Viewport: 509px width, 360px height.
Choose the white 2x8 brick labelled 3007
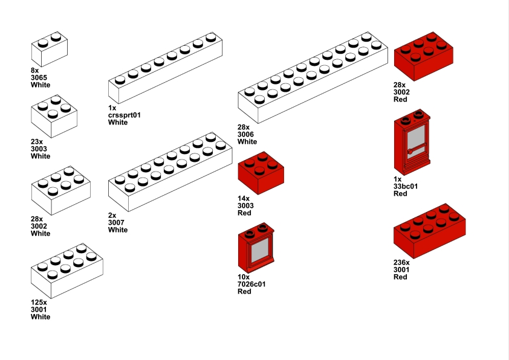(170, 172)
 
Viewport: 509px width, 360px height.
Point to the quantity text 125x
(39, 302)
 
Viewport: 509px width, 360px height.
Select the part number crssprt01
(124, 115)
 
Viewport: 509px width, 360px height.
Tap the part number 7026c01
(251, 284)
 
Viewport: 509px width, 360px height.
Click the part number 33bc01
(405, 186)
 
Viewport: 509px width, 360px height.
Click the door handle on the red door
(410, 149)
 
